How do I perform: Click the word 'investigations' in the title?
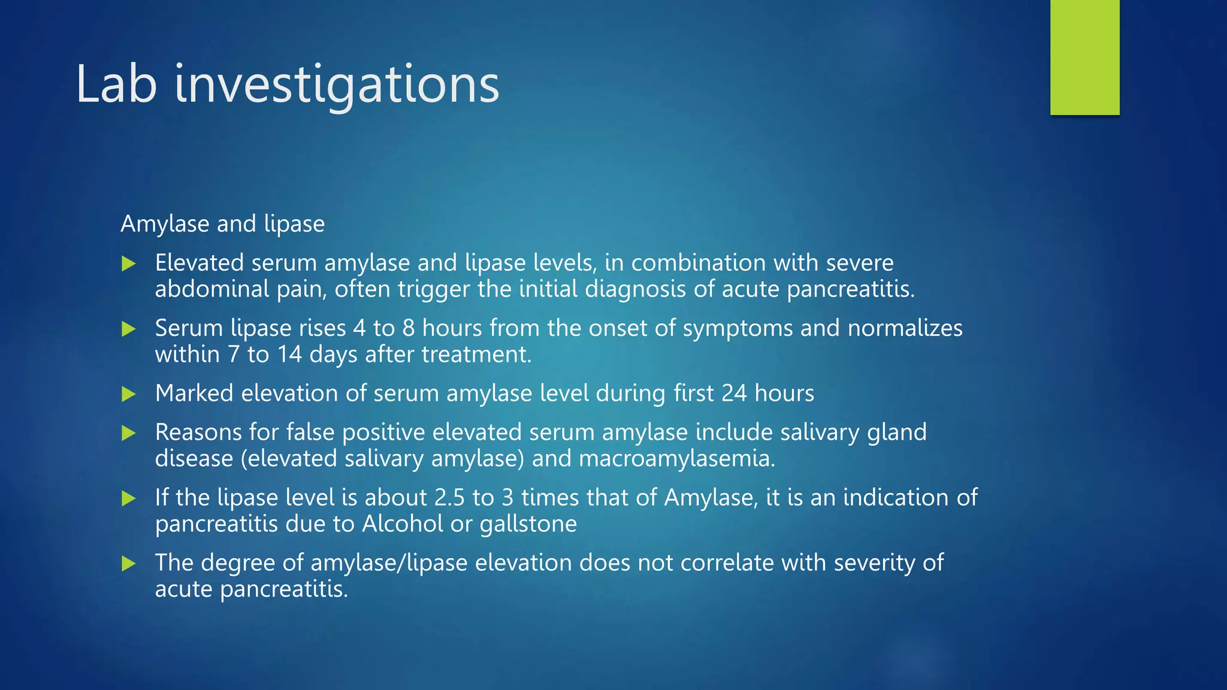click(337, 85)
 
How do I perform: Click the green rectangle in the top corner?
click(1084, 57)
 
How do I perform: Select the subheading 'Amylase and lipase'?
click(222, 224)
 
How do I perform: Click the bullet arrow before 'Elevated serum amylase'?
click(129, 264)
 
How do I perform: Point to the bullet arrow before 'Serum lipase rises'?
click(129, 329)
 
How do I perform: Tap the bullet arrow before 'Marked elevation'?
click(129, 394)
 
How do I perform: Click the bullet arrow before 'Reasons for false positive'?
click(129, 433)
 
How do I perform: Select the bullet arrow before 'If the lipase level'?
click(129, 498)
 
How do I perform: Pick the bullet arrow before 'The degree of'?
click(129, 564)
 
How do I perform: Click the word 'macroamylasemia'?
click(676, 459)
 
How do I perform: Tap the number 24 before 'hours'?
click(734, 394)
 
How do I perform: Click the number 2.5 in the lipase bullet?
click(449, 498)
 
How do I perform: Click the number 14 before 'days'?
click(289, 355)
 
